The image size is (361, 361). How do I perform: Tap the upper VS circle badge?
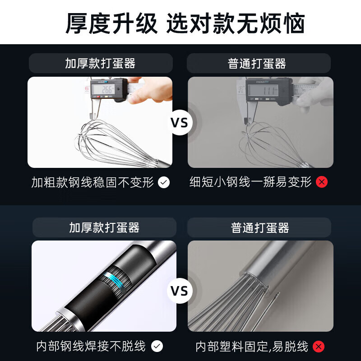click(x=180, y=123)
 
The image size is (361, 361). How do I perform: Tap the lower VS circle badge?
click(x=180, y=291)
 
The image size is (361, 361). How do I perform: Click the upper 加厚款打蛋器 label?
click(x=100, y=63)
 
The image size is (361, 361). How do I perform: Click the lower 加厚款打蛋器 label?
click(x=104, y=227)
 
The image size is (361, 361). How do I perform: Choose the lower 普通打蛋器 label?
click(x=260, y=227)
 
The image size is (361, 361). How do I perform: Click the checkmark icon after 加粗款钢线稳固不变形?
click(x=164, y=182)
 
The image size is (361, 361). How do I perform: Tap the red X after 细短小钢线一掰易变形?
click(x=321, y=182)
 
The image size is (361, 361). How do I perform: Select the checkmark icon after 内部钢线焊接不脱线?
click(x=157, y=346)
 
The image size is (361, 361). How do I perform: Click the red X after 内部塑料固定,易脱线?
click(x=319, y=347)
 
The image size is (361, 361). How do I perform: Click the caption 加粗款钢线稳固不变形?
click(x=93, y=182)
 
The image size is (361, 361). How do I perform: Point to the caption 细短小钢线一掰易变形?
click(x=250, y=182)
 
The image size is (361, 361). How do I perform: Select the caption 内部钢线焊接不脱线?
click(x=91, y=346)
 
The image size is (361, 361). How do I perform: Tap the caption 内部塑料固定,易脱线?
click(x=252, y=347)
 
